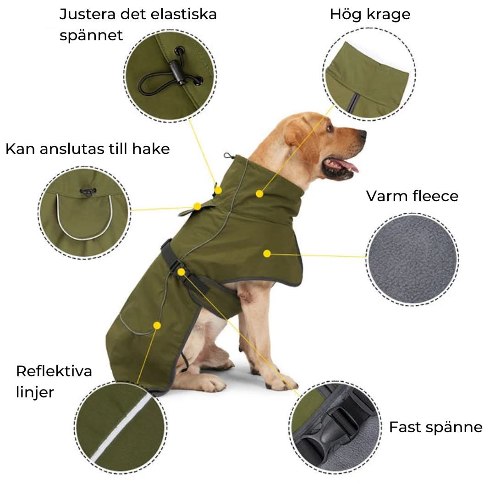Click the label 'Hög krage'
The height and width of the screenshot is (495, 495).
370,15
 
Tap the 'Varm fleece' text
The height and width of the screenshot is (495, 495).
412,196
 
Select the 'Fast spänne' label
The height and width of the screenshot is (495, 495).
435,427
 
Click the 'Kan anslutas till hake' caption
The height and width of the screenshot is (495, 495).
88,148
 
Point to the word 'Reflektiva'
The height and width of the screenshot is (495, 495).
54,371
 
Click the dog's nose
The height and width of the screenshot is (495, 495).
363,134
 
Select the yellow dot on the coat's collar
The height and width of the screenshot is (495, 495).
259,194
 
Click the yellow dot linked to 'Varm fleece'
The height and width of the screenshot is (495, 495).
267,253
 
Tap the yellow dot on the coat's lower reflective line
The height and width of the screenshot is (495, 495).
157,325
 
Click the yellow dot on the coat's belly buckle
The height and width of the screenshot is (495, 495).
181,272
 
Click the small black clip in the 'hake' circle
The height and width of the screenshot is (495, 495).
86,192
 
